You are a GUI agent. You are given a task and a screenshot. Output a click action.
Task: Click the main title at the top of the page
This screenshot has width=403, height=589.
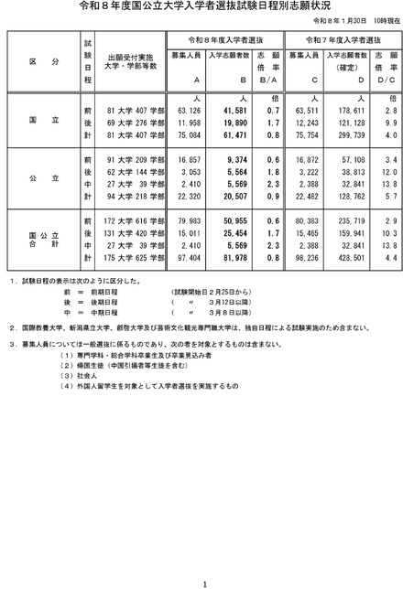pos(201,6)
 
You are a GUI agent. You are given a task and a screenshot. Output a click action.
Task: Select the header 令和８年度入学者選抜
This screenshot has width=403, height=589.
pos(227,40)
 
